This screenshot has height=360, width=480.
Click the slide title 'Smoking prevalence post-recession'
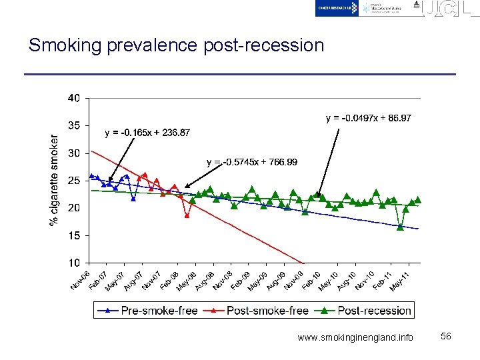pos(176,45)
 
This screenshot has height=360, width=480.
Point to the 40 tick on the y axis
pos(73,98)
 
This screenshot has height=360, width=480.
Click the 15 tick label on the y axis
pos(73,235)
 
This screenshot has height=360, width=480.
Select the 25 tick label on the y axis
pos(73,180)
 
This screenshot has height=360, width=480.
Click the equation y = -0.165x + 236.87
pos(147,133)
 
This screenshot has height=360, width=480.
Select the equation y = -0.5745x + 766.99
pos(252,162)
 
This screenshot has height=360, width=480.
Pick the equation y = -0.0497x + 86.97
pos(368,118)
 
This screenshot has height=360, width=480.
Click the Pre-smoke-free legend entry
pos(149,310)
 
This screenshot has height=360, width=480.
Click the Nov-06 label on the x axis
pos(81,279)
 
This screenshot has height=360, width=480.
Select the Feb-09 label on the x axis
pos(241,279)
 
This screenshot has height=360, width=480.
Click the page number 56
pos(446,337)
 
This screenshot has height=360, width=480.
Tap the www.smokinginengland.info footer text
pos(355,337)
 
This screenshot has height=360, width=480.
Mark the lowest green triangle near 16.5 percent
pos(400,227)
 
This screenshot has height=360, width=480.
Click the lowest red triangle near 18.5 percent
pos(187,215)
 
